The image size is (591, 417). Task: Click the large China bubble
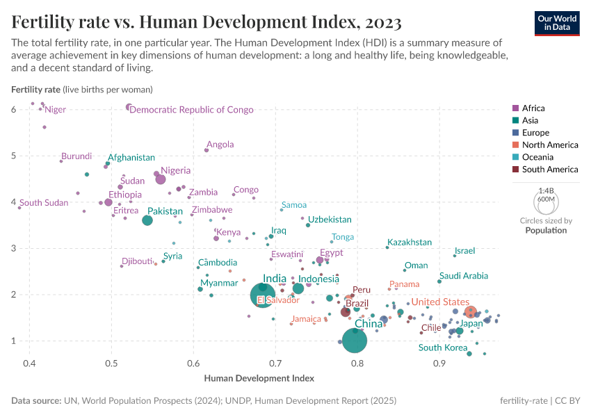click(x=355, y=339)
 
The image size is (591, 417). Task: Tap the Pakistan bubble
click(x=147, y=220)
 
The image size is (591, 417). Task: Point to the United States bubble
click(x=471, y=312)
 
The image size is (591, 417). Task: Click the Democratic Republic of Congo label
click(x=191, y=110)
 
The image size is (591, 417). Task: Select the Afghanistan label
click(x=131, y=158)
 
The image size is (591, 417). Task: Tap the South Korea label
click(x=442, y=347)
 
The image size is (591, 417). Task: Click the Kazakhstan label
click(x=410, y=243)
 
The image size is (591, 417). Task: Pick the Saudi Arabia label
click(x=464, y=276)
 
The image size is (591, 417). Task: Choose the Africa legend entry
click(x=533, y=108)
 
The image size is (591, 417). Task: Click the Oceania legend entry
click(x=538, y=157)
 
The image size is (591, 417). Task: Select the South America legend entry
click(x=549, y=169)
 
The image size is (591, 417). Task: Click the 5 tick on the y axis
click(x=14, y=156)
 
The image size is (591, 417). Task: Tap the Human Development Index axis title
click(x=259, y=378)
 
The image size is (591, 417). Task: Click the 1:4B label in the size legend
click(x=546, y=190)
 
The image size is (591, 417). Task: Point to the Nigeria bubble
click(x=161, y=179)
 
